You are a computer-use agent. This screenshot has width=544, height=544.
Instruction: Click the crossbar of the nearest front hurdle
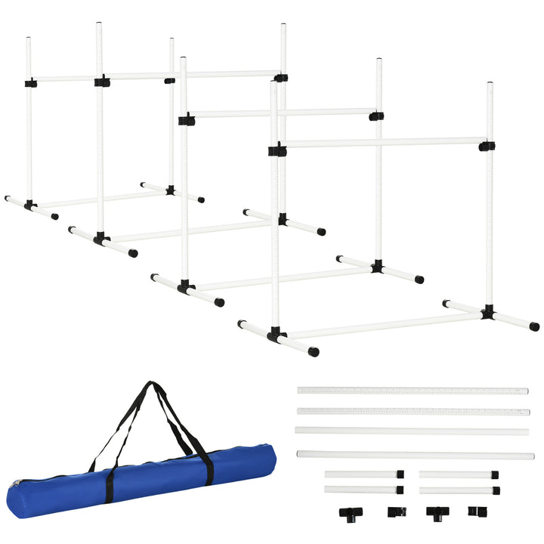(x=382, y=142)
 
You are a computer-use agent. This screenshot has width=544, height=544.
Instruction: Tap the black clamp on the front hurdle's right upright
(x=487, y=146)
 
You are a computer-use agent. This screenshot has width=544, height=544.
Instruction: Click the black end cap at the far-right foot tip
(x=534, y=327)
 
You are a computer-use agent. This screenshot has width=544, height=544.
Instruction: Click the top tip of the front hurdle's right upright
(x=490, y=83)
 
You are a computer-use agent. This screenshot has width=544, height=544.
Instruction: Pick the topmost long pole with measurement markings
(x=412, y=391)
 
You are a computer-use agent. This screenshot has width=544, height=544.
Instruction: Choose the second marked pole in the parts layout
(x=412, y=412)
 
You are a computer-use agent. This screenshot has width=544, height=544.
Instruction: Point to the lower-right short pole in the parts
(x=457, y=490)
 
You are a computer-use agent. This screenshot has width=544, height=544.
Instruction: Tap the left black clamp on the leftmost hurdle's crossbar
(x=30, y=82)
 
